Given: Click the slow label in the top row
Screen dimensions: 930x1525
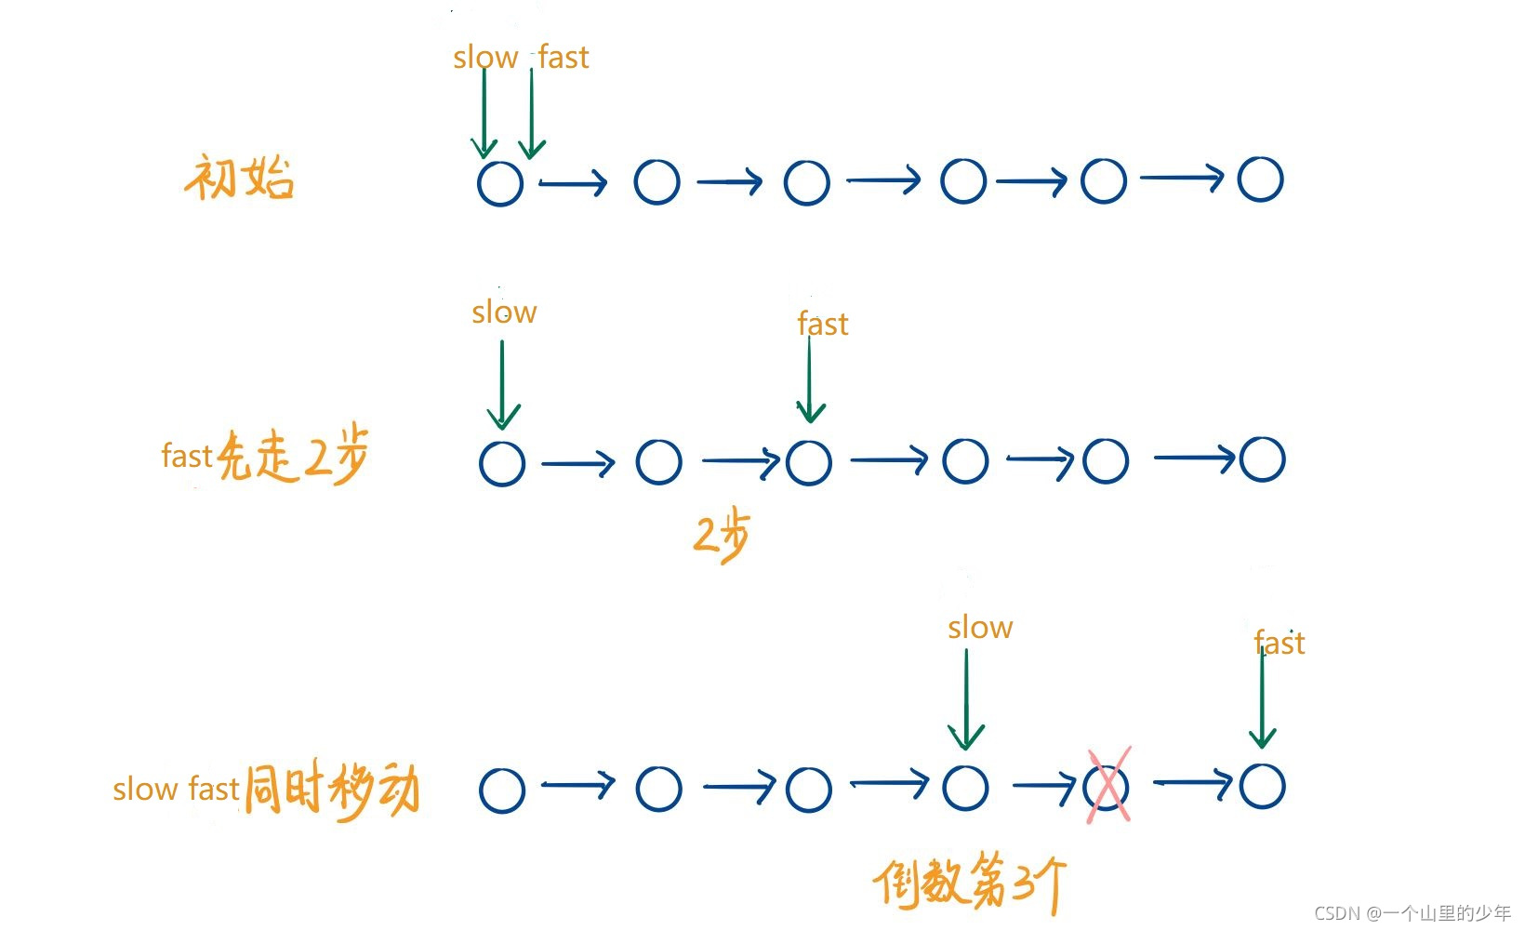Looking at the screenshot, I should point(484,58).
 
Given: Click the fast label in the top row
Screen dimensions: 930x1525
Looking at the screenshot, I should point(564,58).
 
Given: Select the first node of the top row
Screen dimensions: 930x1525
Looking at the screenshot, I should point(500,183).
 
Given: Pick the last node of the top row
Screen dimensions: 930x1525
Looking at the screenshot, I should point(1261,179).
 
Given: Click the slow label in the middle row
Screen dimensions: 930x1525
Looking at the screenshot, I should point(504,312).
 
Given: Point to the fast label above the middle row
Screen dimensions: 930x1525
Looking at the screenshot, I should point(823,324).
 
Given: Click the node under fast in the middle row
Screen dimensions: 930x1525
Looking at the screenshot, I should point(809,462).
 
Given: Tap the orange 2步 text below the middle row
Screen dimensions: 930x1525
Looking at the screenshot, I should point(722,535).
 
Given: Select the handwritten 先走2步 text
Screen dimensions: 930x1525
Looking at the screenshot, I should point(294,456).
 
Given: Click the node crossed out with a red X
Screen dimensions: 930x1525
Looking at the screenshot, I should point(1107,788).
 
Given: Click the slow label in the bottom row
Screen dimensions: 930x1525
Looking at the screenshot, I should point(980,628).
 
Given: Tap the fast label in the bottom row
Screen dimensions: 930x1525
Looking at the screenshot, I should point(1280,643).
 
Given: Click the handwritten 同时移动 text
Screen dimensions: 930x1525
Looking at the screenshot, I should point(332,790).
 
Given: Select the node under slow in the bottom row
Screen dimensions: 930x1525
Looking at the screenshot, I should point(966,788).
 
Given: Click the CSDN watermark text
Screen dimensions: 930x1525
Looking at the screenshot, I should point(1412,913).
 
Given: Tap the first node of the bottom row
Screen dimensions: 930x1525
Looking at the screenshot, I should point(502,790).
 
